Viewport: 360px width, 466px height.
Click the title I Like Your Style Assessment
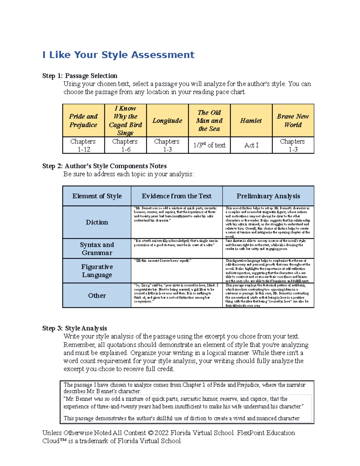click(x=118, y=55)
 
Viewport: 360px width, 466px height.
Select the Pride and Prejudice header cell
click(x=83, y=121)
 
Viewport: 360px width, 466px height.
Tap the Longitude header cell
click(x=167, y=121)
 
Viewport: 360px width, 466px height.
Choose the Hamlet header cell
click(x=251, y=121)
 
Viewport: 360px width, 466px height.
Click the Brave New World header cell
click(x=293, y=121)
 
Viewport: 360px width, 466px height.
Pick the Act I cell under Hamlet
click(x=251, y=145)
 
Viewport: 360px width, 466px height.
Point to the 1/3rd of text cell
click(x=209, y=145)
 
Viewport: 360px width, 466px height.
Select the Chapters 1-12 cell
click(x=83, y=145)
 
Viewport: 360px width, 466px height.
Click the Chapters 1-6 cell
click(x=125, y=145)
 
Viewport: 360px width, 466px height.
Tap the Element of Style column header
click(x=97, y=196)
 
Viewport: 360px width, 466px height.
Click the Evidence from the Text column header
click(x=177, y=196)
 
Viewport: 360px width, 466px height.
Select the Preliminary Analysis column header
click(x=268, y=196)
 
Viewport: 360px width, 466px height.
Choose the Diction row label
click(x=97, y=222)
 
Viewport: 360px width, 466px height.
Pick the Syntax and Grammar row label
click(x=97, y=249)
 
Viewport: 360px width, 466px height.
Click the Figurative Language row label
click(x=97, y=271)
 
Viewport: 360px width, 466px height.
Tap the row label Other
click(x=97, y=296)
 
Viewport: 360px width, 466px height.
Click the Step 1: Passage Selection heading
click(x=80, y=76)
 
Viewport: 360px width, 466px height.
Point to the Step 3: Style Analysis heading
click(x=75, y=328)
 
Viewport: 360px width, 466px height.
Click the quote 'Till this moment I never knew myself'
click(x=162, y=261)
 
